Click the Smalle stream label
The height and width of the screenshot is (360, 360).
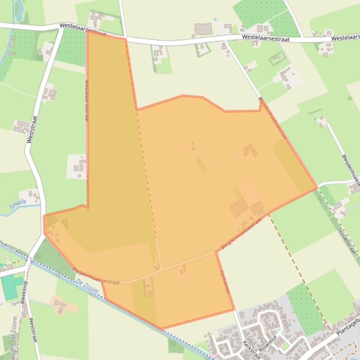click(x=17, y=204)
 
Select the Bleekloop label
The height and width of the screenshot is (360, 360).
click(x=24, y=292)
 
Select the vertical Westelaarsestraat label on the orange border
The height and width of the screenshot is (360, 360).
click(x=87, y=100)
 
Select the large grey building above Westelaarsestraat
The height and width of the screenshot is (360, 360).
click(x=203, y=29)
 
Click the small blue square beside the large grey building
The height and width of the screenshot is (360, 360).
click(x=215, y=20)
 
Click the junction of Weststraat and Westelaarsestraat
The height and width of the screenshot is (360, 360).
click(x=61, y=28)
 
